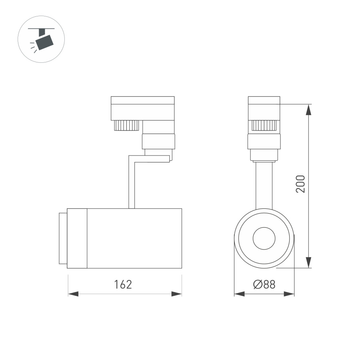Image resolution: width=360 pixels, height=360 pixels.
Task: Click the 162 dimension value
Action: click(123, 284)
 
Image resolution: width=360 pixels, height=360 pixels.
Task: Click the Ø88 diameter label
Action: click(264, 284)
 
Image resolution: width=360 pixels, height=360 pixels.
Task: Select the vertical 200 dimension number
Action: click(301, 184)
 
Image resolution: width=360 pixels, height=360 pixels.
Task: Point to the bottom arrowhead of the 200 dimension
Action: click(308, 262)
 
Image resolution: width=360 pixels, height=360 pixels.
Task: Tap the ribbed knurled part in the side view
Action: click(126, 125)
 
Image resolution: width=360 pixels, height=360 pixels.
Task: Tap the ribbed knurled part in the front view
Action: click(264, 126)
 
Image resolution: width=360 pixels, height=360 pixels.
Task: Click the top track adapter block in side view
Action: click(142, 108)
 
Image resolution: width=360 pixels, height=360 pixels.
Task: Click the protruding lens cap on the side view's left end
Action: click(63, 238)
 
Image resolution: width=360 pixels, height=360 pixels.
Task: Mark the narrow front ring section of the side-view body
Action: click(77, 238)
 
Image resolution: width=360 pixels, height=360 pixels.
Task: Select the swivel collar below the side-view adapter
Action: click(158, 142)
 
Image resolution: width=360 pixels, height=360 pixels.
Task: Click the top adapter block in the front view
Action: click(264, 108)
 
